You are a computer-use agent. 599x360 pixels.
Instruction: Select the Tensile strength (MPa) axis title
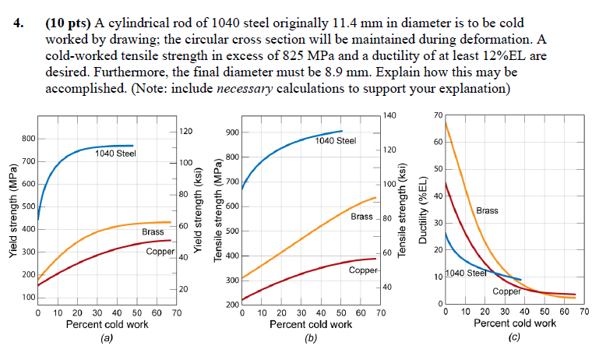click(219, 215)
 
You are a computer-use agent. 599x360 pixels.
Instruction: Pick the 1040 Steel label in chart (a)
click(115, 154)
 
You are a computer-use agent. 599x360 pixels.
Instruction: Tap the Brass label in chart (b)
click(361, 216)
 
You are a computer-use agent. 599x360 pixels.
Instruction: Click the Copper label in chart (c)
click(507, 291)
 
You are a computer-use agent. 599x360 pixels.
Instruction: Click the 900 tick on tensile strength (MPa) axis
click(231, 132)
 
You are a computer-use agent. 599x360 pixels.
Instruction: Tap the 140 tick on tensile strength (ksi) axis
click(390, 115)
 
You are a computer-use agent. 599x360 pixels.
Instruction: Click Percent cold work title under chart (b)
click(310, 324)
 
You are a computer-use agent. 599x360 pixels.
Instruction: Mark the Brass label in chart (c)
click(487, 210)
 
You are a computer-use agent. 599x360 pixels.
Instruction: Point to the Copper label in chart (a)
click(160, 251)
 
